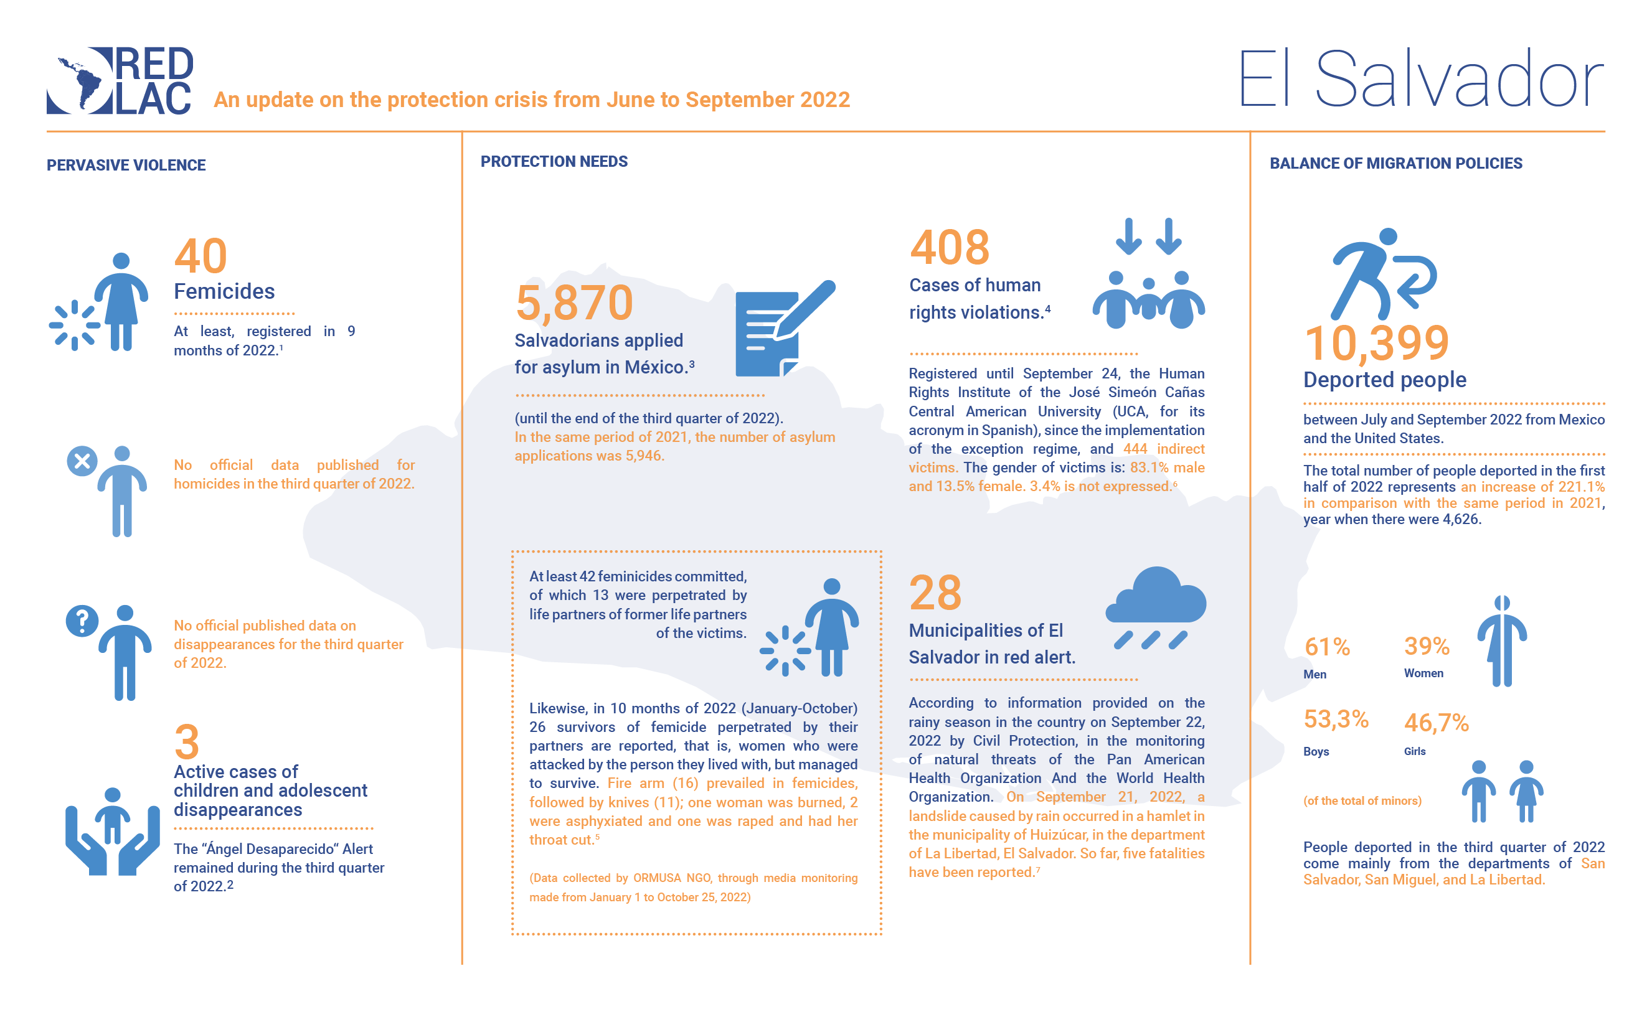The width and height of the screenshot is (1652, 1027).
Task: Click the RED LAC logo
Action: (120, 80)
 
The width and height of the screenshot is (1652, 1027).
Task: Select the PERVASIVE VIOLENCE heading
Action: (126, 165)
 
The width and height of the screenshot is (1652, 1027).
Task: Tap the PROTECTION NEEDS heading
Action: (554, 162)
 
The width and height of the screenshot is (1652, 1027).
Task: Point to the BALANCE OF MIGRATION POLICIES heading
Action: (1396, 164)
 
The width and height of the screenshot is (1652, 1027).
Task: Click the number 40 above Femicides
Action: (201, 256)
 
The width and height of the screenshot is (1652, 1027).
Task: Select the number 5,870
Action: (574, 302)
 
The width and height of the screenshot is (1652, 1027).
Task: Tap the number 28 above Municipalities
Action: (935, 593)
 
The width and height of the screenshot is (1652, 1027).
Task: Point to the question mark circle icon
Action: (82, 621)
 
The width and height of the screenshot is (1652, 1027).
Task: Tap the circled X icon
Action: (82, 462)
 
